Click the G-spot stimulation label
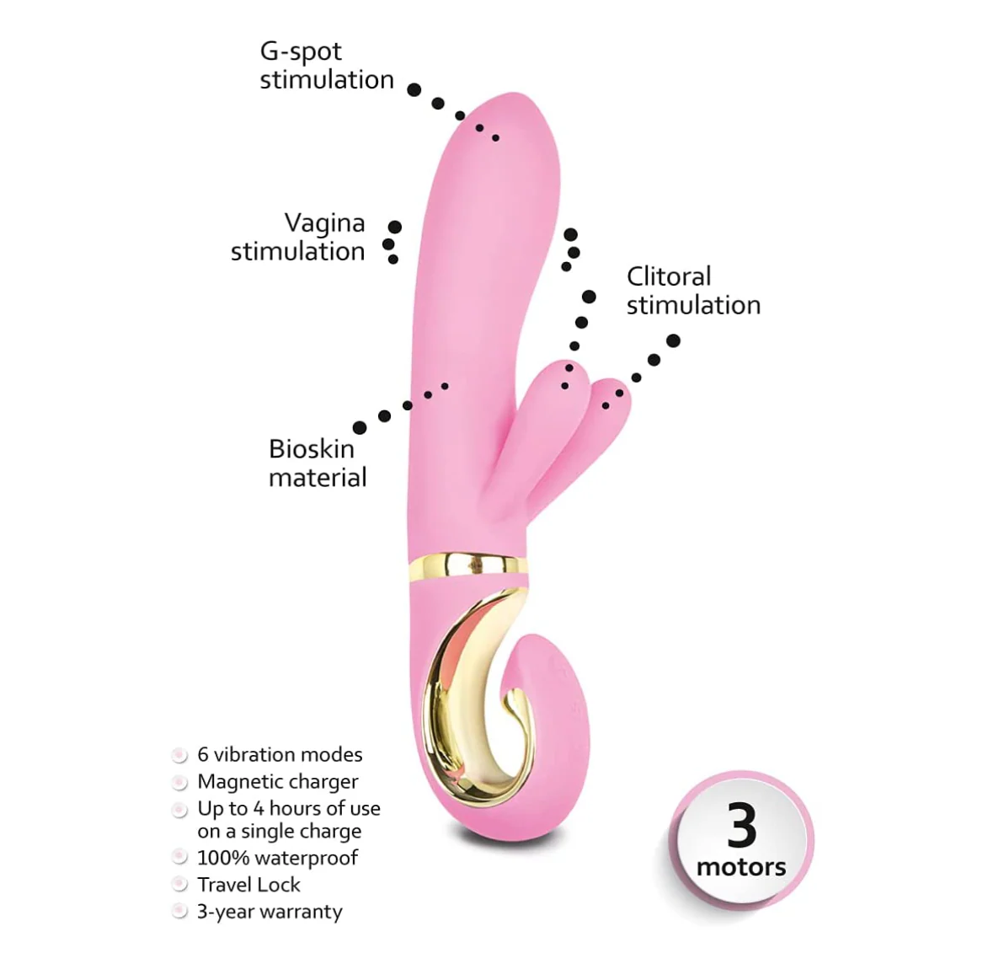[327, 66]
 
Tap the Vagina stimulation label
[298, 237]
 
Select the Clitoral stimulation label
[693, 291]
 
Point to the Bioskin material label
[318, 463]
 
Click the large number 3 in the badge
[741, 826]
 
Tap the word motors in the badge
[741, 867]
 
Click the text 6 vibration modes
[280, 754]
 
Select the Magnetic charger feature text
[278, 782]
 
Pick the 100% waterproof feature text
[277, 858]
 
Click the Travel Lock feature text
[248, 885]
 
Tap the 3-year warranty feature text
[270, 912]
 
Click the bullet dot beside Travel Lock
[180, 885]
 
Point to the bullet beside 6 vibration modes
[180, 755]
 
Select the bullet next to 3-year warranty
[180, 912]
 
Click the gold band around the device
[468, 565]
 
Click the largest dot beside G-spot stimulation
[414, 89]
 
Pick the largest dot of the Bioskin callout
[360, 427]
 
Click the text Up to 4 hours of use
[289, 809]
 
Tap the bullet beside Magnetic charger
[180, 782]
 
